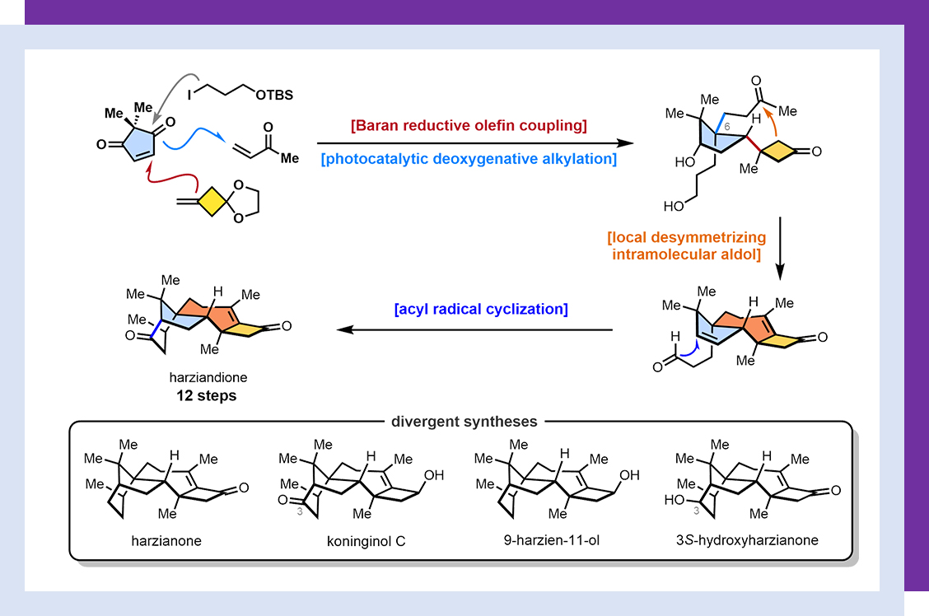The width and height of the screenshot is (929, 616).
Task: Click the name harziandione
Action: [x=206, y=379]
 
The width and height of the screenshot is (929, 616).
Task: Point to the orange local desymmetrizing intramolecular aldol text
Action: [x=687, y=245]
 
